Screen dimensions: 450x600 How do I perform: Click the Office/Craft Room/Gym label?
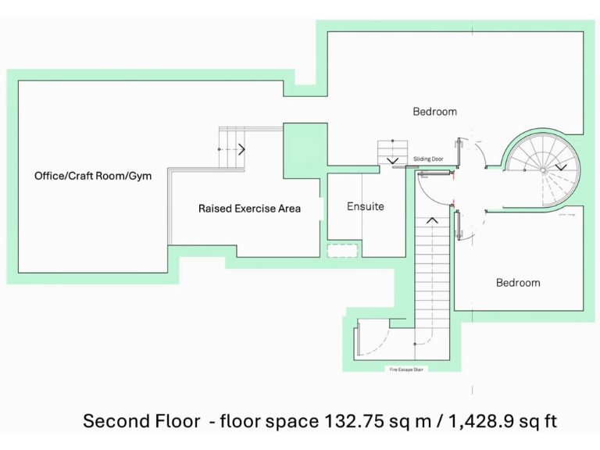point(93,176)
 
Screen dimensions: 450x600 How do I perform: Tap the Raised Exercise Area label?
point(249,209)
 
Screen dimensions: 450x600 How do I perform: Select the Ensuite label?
point(366,207)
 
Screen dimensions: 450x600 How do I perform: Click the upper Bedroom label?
point(434,112)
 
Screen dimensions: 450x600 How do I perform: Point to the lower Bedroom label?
point(518,283)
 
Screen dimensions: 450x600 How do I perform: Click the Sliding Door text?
point(428,159)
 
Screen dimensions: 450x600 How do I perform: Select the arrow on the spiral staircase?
point(561,167)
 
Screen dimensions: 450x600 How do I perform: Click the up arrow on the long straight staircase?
point(432,221)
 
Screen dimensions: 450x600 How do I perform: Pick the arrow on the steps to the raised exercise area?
point(242,148)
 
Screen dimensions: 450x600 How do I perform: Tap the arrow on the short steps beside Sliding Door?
point(391,162)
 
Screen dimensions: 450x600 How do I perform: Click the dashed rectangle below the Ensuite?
point(342,251)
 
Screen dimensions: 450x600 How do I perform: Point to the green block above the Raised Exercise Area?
point(305,144)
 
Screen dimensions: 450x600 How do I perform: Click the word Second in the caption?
point(116,422)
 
